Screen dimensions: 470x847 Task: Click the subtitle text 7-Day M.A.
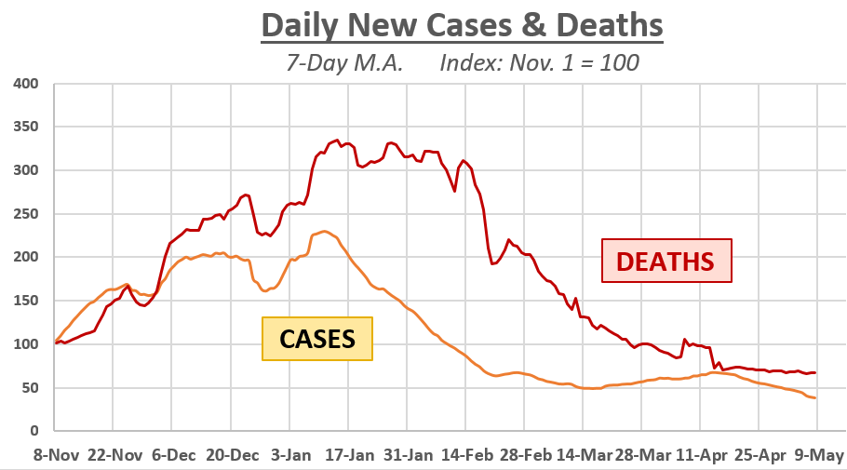(x=343, y=64)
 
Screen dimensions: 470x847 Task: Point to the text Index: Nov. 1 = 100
(x=539, y=64)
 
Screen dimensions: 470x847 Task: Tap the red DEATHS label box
(x=667, y=261)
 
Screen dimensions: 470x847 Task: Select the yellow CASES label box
(x=317, y=339)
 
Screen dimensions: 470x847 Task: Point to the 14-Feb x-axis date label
(x=464, y=455)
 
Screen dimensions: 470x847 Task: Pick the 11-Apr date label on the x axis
(x=700, y=455)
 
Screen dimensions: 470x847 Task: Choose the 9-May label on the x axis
(x=819, y=455)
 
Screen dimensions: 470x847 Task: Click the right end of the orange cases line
(x=816, y=398)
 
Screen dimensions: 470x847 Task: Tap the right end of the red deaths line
(x=816, y=373)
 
